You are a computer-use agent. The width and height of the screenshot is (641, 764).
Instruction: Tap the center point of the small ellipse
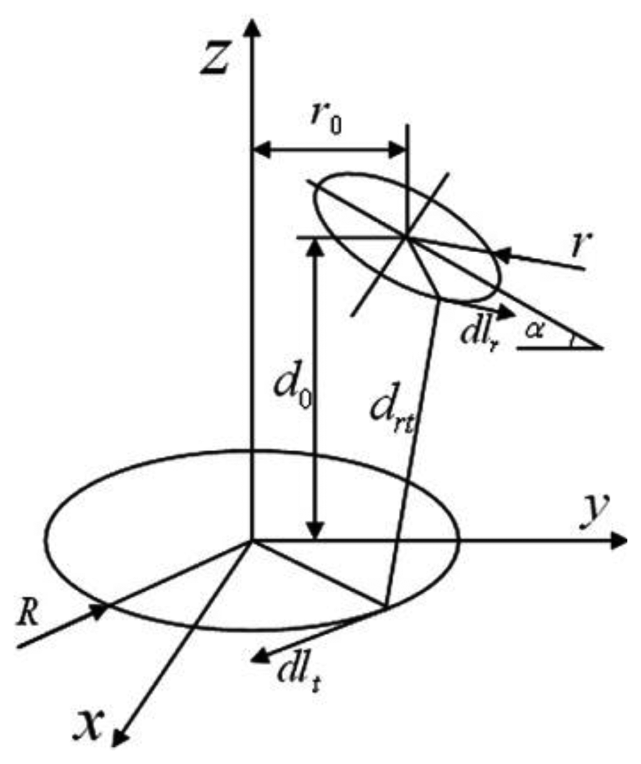pos(406,237)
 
